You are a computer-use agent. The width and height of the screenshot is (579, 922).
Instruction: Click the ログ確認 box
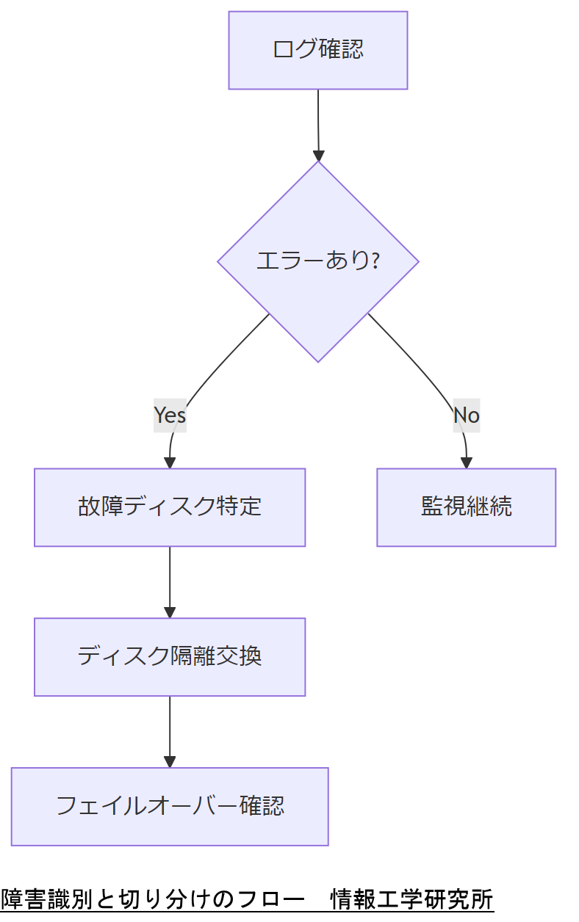tap(317, 50)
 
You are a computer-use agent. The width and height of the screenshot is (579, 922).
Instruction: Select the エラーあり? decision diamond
tap(317, 261)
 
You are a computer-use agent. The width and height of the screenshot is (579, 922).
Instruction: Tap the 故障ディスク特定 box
tap(170, 507)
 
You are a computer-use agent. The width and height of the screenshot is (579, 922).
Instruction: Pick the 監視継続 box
tap(466, 507)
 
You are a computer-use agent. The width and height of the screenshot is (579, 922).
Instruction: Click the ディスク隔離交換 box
tap(170, 656)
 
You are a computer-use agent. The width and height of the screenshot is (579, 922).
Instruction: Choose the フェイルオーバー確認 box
tap(170, 806)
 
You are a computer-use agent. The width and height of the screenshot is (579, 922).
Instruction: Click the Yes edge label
tap(170, 415)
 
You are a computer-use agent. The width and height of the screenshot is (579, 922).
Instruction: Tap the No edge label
tap(466, 415)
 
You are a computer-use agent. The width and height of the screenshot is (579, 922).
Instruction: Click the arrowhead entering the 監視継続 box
tap(466, 462)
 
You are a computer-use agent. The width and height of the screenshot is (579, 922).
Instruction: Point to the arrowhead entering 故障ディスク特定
tap(170, 462)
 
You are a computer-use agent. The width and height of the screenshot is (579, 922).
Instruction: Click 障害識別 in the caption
tap(44, 899)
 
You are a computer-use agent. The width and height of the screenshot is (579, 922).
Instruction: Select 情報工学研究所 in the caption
tap(411, 899)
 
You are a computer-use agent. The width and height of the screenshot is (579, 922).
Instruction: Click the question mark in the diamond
tap(375, 261)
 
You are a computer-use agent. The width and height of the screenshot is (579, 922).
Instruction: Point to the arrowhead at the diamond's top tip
tap(318, 156)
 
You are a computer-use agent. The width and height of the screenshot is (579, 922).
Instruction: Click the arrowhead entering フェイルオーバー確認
tap(170, 762)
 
